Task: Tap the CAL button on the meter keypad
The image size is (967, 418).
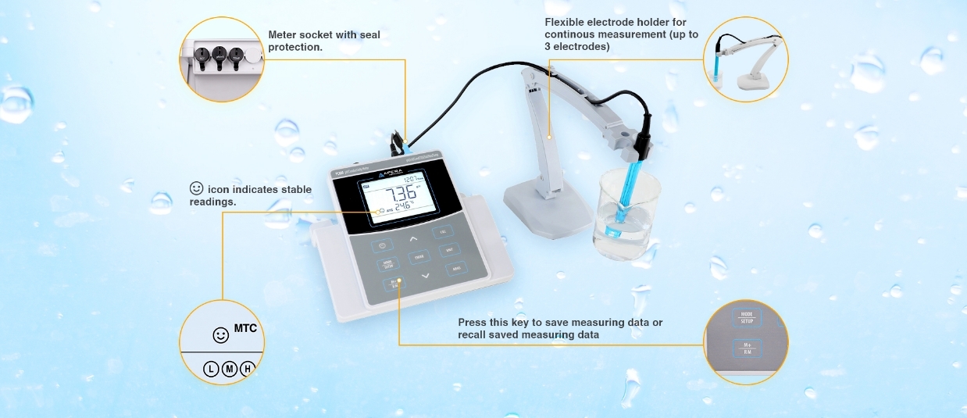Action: click(443, 232)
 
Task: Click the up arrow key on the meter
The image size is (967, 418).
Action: click(414, 237)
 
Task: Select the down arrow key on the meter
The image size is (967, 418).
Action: click(425, 276)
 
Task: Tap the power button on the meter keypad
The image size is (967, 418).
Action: click(383, 245)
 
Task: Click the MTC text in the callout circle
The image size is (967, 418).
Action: click(245, 328)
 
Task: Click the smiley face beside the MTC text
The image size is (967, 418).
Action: click(221, 335)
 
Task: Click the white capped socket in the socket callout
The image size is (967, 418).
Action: click(251, 56)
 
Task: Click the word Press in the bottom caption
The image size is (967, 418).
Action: click(472, 322)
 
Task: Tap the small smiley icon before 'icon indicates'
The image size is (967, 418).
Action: click(196, 188)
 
